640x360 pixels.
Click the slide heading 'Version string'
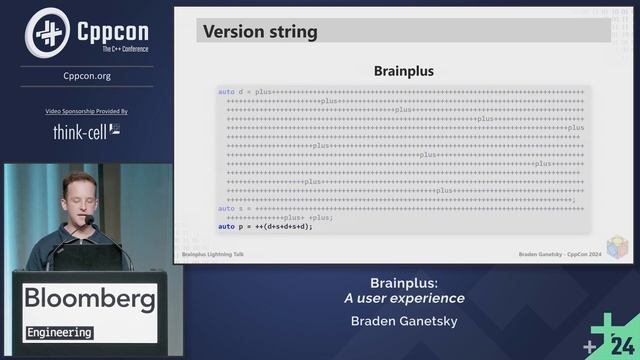260,31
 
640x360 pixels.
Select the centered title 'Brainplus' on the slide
403,71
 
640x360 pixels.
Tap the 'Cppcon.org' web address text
86,74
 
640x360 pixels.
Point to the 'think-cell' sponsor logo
86,131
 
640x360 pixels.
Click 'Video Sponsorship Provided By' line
86,111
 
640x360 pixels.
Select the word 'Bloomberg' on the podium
89,298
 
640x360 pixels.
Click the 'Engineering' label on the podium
59,332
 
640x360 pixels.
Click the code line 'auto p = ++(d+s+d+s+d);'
265,226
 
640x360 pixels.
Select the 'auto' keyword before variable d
226,92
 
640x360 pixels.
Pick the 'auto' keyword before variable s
226,208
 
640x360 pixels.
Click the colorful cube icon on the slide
617,248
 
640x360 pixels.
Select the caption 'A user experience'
403,298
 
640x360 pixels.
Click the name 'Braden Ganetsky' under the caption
403,322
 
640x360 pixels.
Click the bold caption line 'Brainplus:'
403,282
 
